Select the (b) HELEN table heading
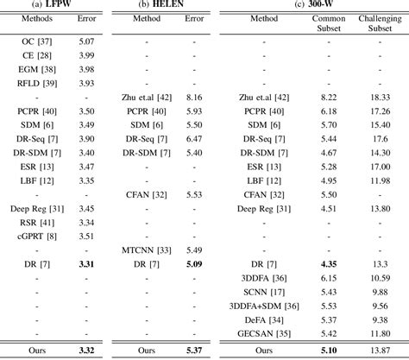162,6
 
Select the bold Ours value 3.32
86,351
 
